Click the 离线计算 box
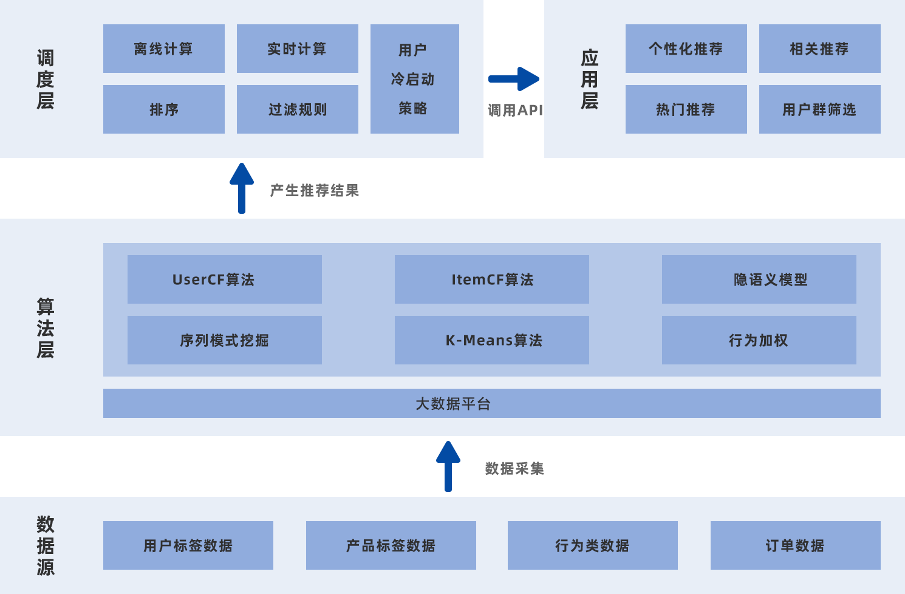[163, 49]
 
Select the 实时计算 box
[297, 49]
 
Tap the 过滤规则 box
[297, 109]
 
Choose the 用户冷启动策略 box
[414, 79]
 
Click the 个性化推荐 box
[686, 49]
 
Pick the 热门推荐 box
[686, 109]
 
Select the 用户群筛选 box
[819, 109]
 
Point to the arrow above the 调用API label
[514, 79]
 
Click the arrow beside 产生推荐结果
[242, 188]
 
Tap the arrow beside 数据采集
[448, 466]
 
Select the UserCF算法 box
[224, 279]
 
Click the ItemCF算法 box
[491, 279]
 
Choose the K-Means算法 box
[491, 340]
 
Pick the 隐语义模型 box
[759, 279]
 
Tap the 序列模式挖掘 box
[224, 340]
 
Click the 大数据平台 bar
[491, 403]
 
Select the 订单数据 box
[795, 545]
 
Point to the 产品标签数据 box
[391, 545]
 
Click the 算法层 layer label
[46, 328]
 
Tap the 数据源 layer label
[46, 545]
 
